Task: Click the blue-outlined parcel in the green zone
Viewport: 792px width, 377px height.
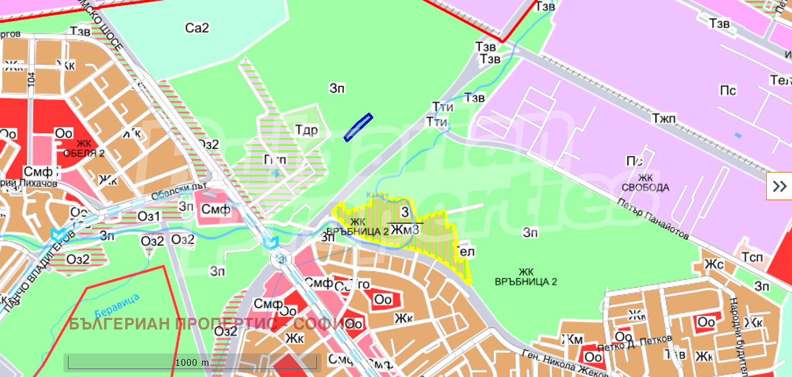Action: coord(358,127)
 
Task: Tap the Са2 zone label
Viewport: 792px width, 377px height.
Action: coord(197,28)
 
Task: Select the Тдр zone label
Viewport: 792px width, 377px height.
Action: coord(306,130)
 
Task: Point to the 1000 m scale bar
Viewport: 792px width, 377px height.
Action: coord(192,362)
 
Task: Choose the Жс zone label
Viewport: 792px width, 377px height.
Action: coord(714,265)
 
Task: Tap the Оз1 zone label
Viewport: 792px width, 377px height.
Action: coord(148,217)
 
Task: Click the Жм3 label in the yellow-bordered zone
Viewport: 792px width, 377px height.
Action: coord(405,230)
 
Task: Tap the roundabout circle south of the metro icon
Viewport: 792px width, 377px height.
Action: coord(281,259)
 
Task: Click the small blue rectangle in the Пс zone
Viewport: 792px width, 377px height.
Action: coord(738,136)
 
